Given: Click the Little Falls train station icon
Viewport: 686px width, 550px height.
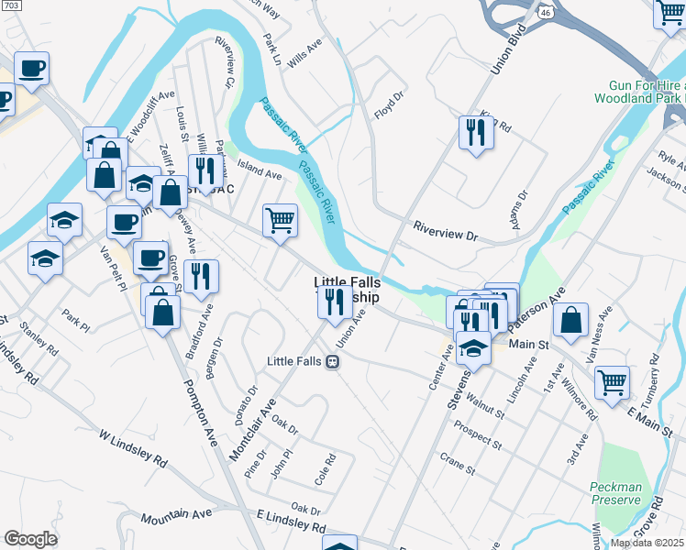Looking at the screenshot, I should [x=333, y=361].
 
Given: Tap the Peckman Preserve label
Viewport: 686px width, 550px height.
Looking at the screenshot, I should [x=615, y=492].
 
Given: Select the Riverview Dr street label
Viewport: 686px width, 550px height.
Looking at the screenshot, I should [x=446, y=236].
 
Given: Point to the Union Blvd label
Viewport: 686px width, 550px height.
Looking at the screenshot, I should [x=501, y=55].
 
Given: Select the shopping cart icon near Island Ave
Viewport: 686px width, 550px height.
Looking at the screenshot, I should [x=280, y=221].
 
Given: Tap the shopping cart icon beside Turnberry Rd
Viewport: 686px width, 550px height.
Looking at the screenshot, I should [x=612, y=382].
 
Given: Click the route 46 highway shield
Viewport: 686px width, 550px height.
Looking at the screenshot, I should [x=545, y=11].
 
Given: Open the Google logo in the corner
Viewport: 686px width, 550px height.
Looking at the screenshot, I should [x=30, y=539].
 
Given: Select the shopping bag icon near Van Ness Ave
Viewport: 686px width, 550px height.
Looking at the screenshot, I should [x=570, y=320].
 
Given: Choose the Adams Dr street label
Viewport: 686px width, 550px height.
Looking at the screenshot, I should [x=520, y=209].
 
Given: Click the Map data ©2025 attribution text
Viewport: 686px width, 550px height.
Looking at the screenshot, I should [x=647, y=543].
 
